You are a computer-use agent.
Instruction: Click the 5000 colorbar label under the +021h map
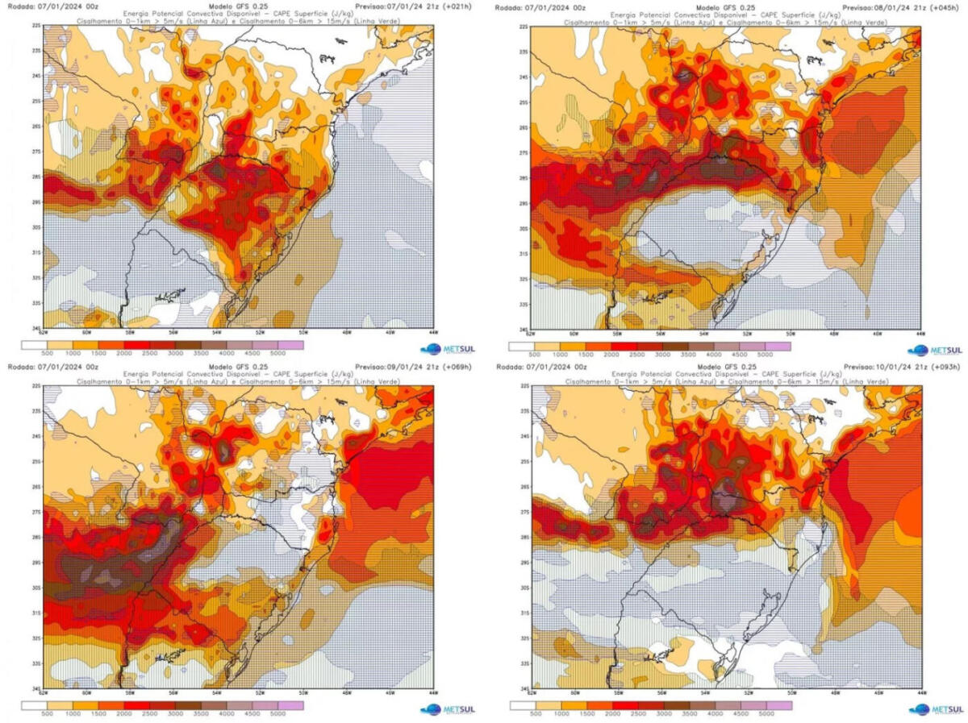[277, 353]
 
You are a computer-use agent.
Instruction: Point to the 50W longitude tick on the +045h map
[790, 333]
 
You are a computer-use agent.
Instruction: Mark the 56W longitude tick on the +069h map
[173, 692]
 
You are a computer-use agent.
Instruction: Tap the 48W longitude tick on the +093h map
[834, 692]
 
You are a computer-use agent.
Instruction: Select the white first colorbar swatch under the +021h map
[33, 345]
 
